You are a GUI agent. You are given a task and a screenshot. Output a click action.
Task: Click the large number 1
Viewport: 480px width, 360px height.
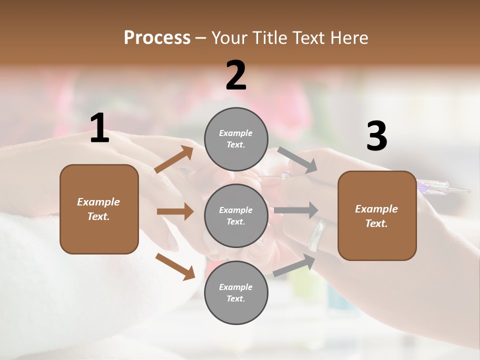[x=99, y=129]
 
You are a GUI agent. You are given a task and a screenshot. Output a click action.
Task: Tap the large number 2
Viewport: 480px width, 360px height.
[x=236, y=76]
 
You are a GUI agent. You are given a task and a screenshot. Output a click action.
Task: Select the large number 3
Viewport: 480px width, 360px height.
[x=376, y=137]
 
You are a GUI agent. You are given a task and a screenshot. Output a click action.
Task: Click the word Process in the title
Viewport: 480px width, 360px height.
[x=157, y=37]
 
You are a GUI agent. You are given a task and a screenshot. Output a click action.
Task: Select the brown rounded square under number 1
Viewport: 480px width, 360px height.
[x=99, y=209]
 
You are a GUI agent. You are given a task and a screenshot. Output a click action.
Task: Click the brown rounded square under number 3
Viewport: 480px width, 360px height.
[x=376, y=215]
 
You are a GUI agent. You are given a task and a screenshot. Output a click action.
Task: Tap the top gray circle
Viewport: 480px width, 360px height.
[x=236, y=139]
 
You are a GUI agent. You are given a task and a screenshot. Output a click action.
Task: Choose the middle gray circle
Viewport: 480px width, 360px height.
[x=236, y=215]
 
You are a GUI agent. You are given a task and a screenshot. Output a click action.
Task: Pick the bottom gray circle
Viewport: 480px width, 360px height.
[x=236, y=292]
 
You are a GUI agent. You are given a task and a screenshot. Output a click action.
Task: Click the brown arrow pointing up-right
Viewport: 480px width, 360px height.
[x=174, y=159]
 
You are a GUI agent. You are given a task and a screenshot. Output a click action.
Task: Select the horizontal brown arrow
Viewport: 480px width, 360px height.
[x=175, y=211]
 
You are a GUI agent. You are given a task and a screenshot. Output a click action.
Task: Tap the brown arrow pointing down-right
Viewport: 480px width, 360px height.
[x=175, y=266]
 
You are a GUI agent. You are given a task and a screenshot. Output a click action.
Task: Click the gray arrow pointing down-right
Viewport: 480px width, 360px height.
[x=297, y=160]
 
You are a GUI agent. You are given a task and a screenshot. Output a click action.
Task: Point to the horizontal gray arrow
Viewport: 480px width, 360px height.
[x=296, y=210]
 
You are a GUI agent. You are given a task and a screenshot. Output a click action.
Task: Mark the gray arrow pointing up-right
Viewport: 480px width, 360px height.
[x=294, y=265]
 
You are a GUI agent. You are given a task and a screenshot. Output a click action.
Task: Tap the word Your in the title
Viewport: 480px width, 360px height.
[x=228, y=37]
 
